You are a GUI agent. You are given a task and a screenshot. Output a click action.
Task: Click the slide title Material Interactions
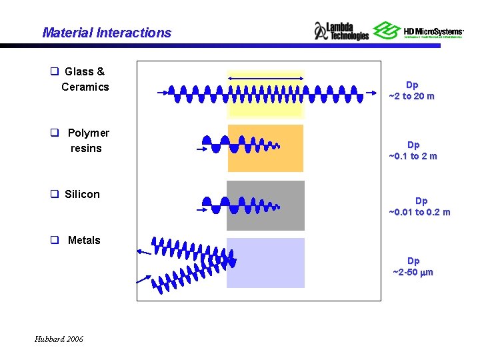107,33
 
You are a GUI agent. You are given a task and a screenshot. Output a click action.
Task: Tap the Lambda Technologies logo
341,31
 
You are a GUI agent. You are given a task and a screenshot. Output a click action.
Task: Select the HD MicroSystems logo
418,31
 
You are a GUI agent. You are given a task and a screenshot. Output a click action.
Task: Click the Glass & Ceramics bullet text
84,79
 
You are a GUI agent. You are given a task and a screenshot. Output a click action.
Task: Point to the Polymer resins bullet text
87,141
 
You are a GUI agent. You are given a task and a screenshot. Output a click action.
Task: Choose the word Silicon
82,194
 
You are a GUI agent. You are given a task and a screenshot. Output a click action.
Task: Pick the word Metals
84,240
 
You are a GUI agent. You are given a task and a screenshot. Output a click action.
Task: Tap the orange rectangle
265,148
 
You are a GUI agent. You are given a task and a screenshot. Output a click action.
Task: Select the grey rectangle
265,205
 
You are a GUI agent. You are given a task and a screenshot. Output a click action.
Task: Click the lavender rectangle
265,263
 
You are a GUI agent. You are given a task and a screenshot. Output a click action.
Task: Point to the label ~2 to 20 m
412,96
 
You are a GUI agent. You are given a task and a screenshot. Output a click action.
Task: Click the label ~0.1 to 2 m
413,156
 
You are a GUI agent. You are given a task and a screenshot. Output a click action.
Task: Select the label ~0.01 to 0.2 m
419,212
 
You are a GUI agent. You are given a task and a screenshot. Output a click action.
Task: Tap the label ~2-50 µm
413,272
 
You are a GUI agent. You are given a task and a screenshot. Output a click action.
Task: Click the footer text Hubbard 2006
59,339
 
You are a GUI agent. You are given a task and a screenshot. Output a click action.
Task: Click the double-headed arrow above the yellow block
265,79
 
